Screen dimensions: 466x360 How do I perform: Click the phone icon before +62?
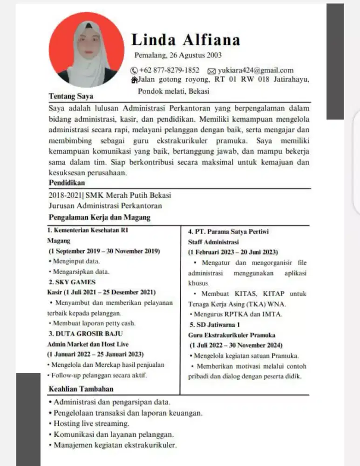pos(134,71)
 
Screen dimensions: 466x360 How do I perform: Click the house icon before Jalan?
pos(135,80)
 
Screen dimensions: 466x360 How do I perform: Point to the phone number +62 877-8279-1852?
pos(169,70)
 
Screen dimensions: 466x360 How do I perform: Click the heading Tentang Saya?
pos(71,96)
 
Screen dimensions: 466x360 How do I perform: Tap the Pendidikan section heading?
pos(67,183)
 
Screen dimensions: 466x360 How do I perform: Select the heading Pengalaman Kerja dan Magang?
pos(99,218)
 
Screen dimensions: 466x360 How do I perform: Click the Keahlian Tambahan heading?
pos(81,389)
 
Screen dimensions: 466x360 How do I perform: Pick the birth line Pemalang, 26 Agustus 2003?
pos(178,55)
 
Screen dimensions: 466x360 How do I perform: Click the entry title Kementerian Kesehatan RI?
pos(90,231)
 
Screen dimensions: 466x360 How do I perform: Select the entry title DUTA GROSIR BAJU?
pos(86,334)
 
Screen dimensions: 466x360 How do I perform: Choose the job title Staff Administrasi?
pos(213,242)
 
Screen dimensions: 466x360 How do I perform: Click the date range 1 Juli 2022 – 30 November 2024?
pos(236,345)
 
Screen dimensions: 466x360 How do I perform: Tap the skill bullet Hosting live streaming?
pos(91,424)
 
